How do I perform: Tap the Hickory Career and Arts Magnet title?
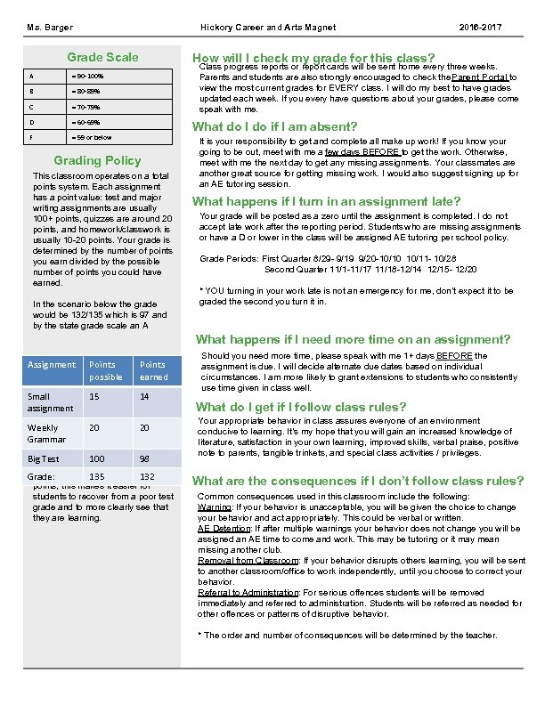coord(267,28)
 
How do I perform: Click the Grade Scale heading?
coord(103,57)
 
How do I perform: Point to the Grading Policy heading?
coord(98,161)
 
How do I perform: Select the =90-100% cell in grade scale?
coord(94,76)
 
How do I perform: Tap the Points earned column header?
coord(152,369)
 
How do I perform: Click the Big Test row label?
coord(42,458)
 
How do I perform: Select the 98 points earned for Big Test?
coord(145,458)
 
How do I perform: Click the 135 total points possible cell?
coord(97,477)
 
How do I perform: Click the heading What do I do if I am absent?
coord(275,126)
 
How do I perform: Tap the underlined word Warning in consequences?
coord(214,506)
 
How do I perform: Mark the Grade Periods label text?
coord(229,258)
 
